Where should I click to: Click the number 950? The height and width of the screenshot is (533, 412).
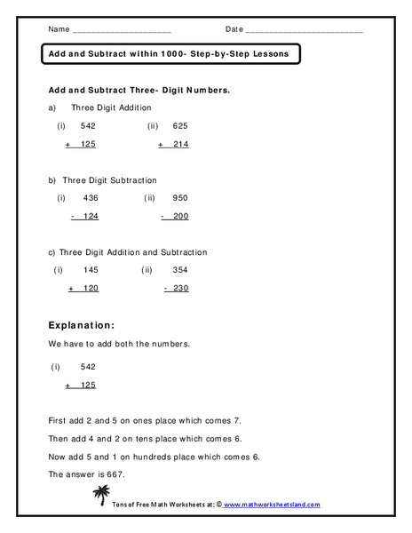180,197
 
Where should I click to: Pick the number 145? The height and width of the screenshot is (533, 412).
89,269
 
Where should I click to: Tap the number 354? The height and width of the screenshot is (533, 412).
180,269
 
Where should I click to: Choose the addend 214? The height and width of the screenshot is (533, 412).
180,144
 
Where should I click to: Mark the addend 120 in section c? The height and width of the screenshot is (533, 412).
90,288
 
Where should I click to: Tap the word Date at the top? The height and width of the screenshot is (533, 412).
234,29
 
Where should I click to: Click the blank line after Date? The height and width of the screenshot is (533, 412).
305,32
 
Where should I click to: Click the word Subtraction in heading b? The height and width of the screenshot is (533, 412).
131,179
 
